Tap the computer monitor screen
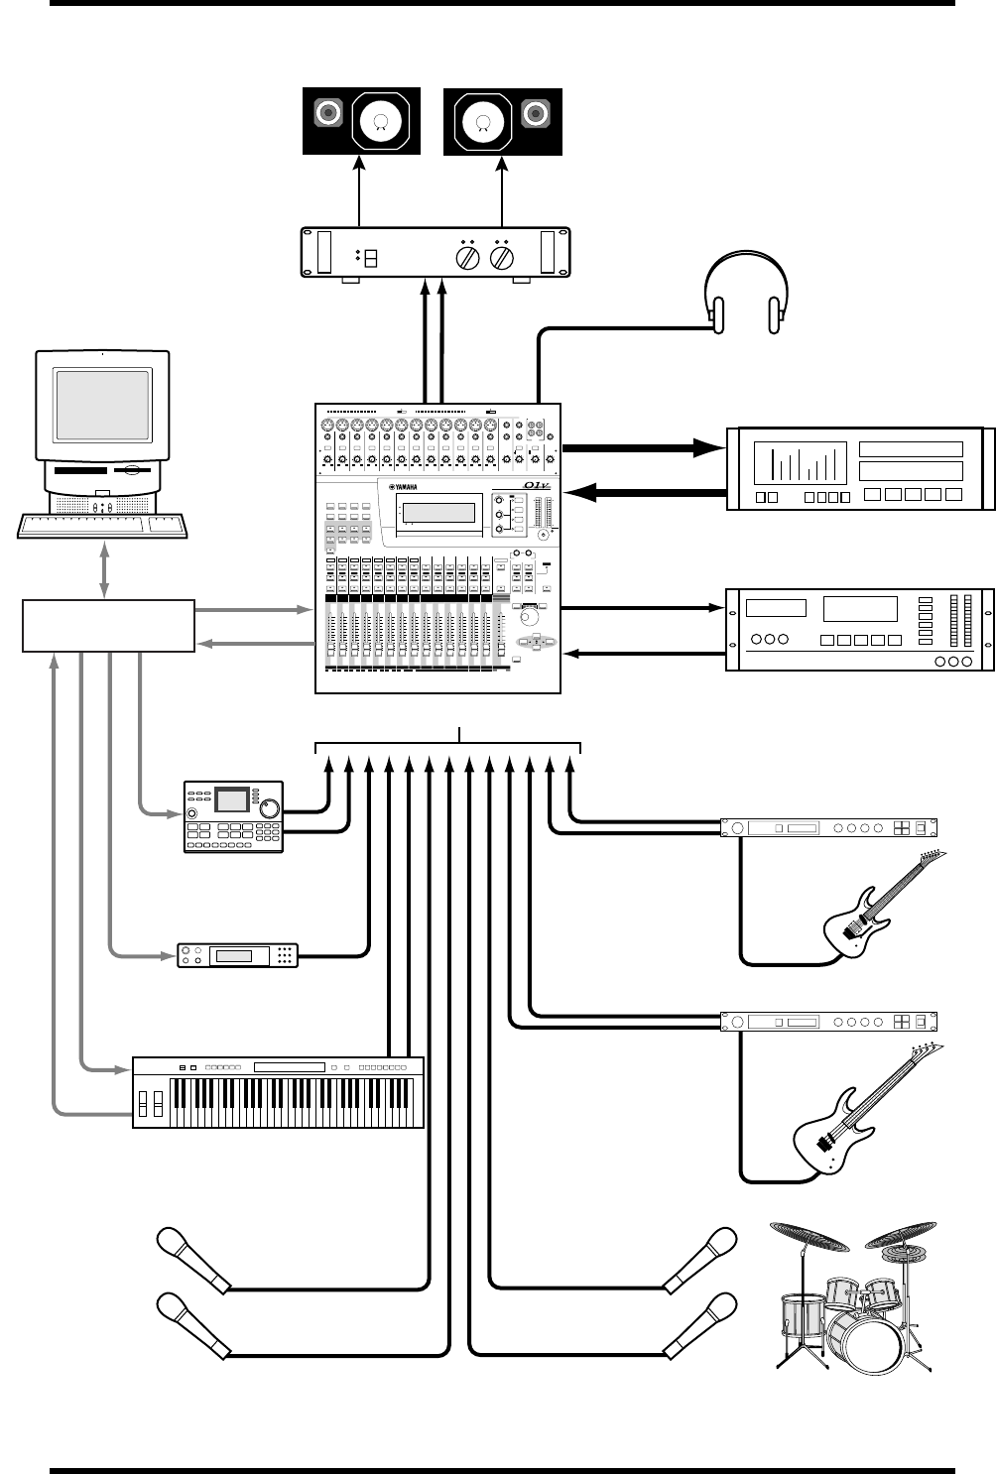pos(102,407)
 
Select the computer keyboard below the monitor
pos(103,524)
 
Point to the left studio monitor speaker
pos(360,121)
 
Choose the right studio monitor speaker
pos(502,121)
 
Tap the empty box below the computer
pos(108,625)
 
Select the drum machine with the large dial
pos(233,816)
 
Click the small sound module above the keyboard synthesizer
pos(237,955)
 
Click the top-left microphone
pos(192,1259)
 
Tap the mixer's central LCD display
pos(437,513)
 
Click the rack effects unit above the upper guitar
pos(827,827)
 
